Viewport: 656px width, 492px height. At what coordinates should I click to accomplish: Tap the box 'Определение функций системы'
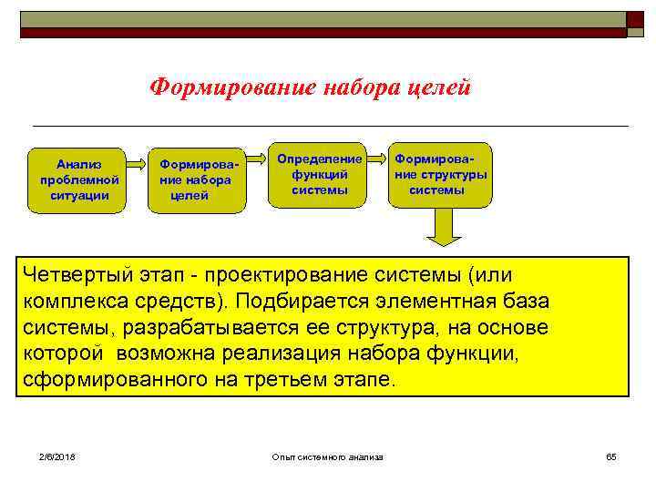click(319, 174)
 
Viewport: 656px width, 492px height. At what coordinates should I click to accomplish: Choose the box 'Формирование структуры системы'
click(440, 174)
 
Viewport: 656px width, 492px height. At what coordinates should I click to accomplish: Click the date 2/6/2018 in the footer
click(56, 456)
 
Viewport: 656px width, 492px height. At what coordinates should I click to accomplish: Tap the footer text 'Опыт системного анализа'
click(328, 456)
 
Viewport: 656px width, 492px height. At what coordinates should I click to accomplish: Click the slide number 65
click(610, 456)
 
